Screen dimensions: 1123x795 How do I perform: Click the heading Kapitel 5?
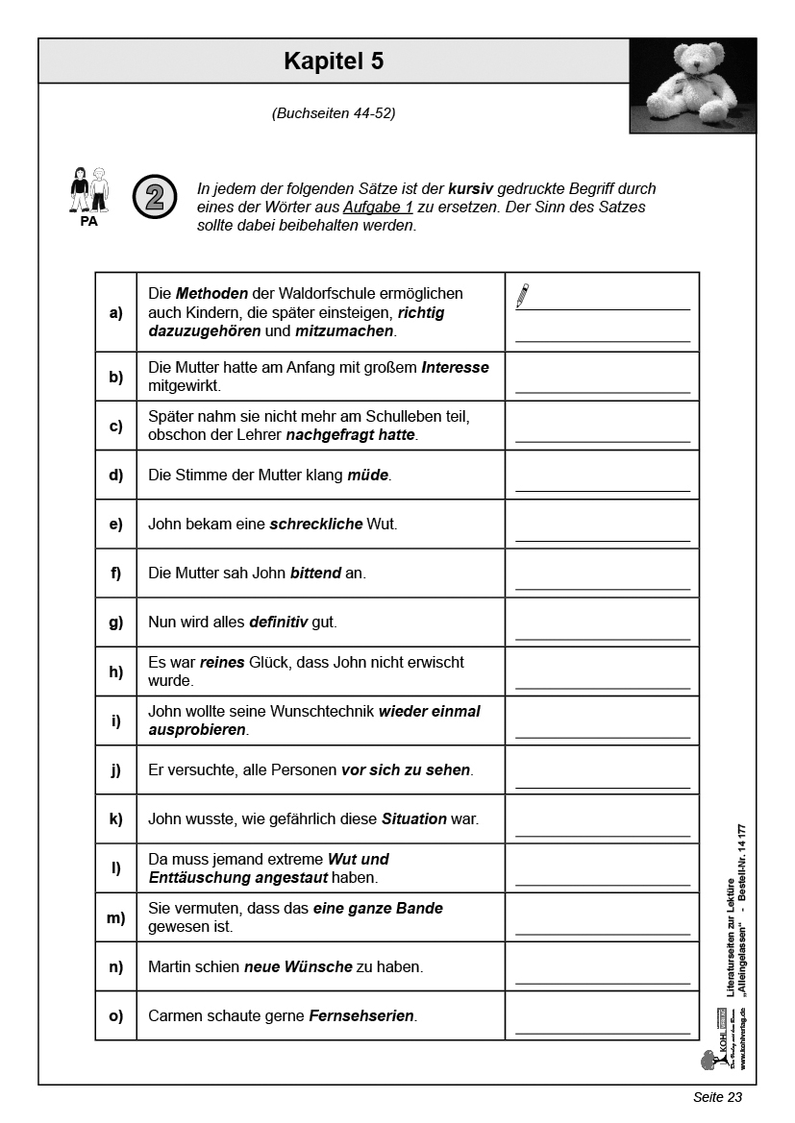[x=334, y=61]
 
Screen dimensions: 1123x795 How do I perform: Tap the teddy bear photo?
[x=692, y=85]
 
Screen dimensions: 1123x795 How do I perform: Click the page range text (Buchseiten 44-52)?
[x=334, y=113]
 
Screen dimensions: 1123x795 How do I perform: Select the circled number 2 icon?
[x=154, y=195]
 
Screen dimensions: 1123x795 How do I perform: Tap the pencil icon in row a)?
[x=522, y=296]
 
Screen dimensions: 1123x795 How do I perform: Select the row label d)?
[x=116, y=476]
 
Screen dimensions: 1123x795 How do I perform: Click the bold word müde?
[x=368, y=476]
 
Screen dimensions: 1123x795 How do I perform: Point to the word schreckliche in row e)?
[x=315, y=525]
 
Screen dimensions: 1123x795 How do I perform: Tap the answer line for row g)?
[x=603, y=638]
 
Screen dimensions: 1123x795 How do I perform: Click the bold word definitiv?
[x=278, y=623]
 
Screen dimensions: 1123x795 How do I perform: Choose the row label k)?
[x=116, y=819]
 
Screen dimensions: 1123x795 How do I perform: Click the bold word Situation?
[x=414, y=819]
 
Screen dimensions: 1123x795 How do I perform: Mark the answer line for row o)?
[x=603, y=1032]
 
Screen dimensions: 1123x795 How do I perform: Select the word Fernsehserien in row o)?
[x=361, y=1016]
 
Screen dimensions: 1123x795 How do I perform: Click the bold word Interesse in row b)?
[x=455, y=368]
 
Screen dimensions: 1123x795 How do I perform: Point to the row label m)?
[x=116, y=917]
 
